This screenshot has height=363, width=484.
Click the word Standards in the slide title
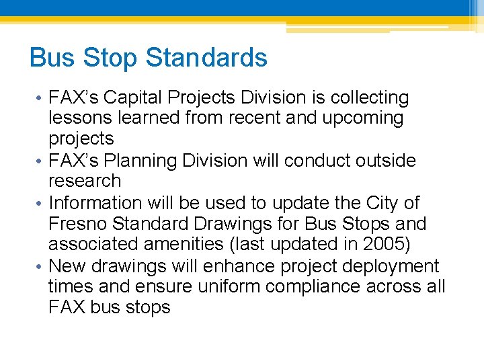(206, 58)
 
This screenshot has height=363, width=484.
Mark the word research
(85, 182)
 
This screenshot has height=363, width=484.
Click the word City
(382, 203)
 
